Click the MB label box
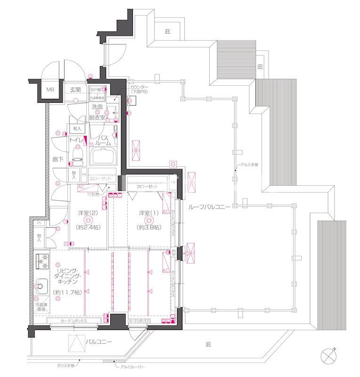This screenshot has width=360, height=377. click(49, 89)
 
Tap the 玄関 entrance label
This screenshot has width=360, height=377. click(76, 90)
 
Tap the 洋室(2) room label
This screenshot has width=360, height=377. click(87, 213)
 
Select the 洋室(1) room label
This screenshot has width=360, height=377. click(148, 213)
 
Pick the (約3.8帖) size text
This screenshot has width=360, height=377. click(148, 227)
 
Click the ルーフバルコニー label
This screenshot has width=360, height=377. click(209, 207)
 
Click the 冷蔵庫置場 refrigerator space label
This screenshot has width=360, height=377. click(42, 308)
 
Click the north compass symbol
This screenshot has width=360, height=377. click(328, 355)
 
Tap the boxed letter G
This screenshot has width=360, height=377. click(173, 164)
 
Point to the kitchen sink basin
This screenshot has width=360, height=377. click(41, 284)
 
